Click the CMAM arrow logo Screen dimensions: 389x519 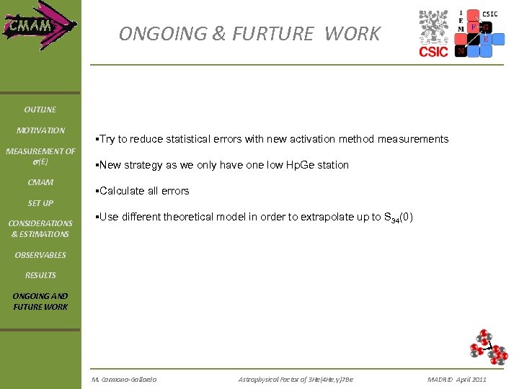(40, 27)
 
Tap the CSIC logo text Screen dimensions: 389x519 (433, 51)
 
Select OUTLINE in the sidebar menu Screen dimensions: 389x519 (40, 109)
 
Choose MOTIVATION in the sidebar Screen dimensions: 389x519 (40, 130)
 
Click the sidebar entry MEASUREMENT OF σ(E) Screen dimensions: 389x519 (40, 156)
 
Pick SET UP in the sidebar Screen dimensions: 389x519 (40, 203)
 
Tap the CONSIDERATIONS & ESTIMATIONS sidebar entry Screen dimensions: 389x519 (40, 228)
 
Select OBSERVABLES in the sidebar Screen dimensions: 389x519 (40, 255)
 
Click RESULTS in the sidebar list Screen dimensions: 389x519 (40, 275)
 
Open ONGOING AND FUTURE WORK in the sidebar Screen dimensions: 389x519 (40, 301)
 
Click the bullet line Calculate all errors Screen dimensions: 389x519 (143, 191)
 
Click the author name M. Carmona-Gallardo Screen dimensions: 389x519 (124, 379)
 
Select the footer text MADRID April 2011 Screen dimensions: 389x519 (456, 379)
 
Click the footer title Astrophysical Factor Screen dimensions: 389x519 (296, 379)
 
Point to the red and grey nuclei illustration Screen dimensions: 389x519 (487, 346)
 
